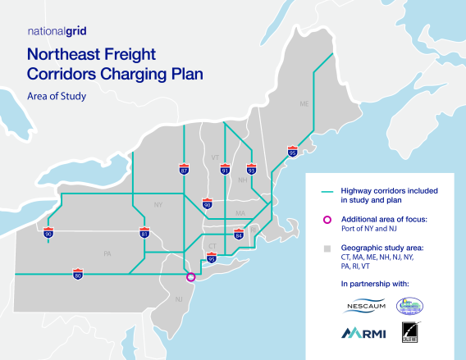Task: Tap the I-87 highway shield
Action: click(x=184, y=170)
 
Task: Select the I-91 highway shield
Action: click(x=224, y=170)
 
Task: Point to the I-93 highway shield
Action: click(x=251, y=170)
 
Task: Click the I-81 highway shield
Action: click(x=144, y=234)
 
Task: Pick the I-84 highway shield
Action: click(x=239, y=235)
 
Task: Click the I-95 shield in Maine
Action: click(x=293, y=152)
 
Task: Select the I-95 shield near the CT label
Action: click(x=212, y=258)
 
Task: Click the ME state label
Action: click(x=304, y=105)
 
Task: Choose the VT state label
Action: click(x=215, y=156)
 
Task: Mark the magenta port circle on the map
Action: click(x=191, y=277)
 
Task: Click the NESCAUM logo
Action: click(x=360, y=307)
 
